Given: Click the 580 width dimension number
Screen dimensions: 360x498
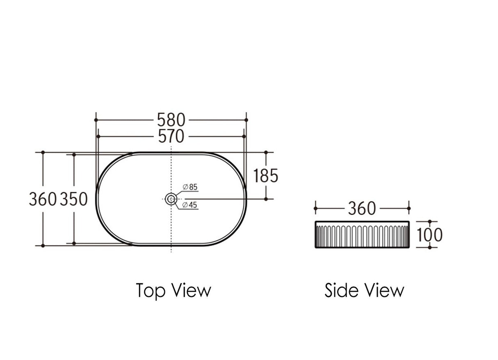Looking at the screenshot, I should pyautogui.click(x=171, y=120).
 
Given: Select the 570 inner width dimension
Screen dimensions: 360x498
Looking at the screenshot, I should pyautogui.click(x=171, y=136).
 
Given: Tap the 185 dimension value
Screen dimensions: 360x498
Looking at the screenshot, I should pyautogui.click(x=265, y=176).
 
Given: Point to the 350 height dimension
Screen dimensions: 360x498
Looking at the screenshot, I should pyautogui.click(x=74, y=199).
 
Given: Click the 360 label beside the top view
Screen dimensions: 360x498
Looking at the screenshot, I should pyautogui.click(x=42, y=199).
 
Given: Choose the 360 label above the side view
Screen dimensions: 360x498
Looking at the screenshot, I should pyautogui.click(x=361, y=209).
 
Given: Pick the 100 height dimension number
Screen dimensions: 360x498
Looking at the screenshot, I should pyautogui.click(x=429, y=235).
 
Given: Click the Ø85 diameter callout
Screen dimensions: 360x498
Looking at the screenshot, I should pyautogui.click(x=190, y=187).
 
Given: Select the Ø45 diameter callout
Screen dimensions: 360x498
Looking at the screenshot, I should pyautogui.click(x=190, y=204).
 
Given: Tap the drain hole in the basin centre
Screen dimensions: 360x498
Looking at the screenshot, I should pyautogui.click(x=171, y=199).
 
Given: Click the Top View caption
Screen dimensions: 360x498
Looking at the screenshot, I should pyautogui.click(x=173, y=290).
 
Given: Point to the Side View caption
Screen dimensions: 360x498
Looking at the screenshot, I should pyautogui.click(x=364, y=290).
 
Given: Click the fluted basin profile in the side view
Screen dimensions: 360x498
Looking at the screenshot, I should pyautogui.click(x=362, y=235).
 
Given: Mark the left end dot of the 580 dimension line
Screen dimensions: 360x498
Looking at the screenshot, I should pyautogui.click(x=96, y=120).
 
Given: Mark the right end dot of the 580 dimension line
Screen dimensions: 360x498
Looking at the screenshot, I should pyautogui.click(x=246, y=120).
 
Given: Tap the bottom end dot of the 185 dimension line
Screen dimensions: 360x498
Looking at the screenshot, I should pyautogui.click(x=266, y=199).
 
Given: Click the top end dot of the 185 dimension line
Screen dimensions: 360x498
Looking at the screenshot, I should pyautogui.click(x=266, y=152).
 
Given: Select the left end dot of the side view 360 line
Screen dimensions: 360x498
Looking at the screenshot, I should pyautogui.click(x=315, y=208).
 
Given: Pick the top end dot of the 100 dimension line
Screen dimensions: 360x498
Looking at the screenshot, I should pyautogui.click(x=429, y=222).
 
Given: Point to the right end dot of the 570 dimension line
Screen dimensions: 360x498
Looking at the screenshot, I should pyautogui.click(x=244, y=136).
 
